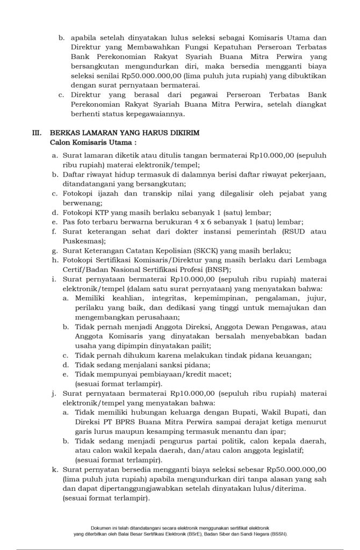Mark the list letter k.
click(55, 469)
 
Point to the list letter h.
click(55, 261)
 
